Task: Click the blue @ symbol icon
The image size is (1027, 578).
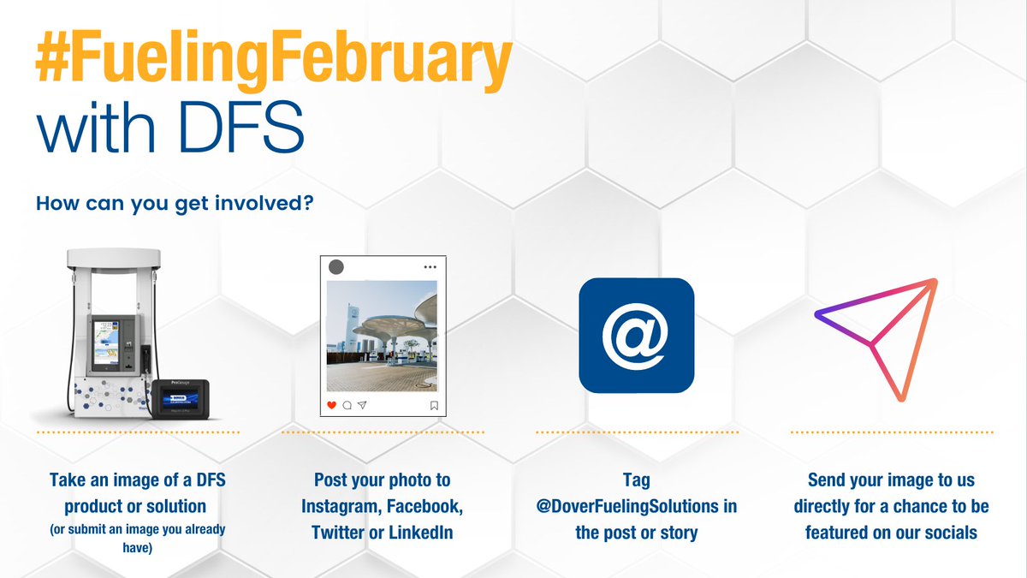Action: coord(636,335)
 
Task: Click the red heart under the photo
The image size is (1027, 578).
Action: coord(332,405)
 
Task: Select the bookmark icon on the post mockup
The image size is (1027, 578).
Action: coord(434,405)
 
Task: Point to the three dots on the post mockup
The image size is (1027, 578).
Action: coord(430,267)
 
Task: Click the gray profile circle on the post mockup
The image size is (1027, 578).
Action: coord(336,266)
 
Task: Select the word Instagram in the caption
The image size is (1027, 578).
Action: coord(341,506)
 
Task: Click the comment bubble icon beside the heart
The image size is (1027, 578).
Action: coord(347,405)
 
